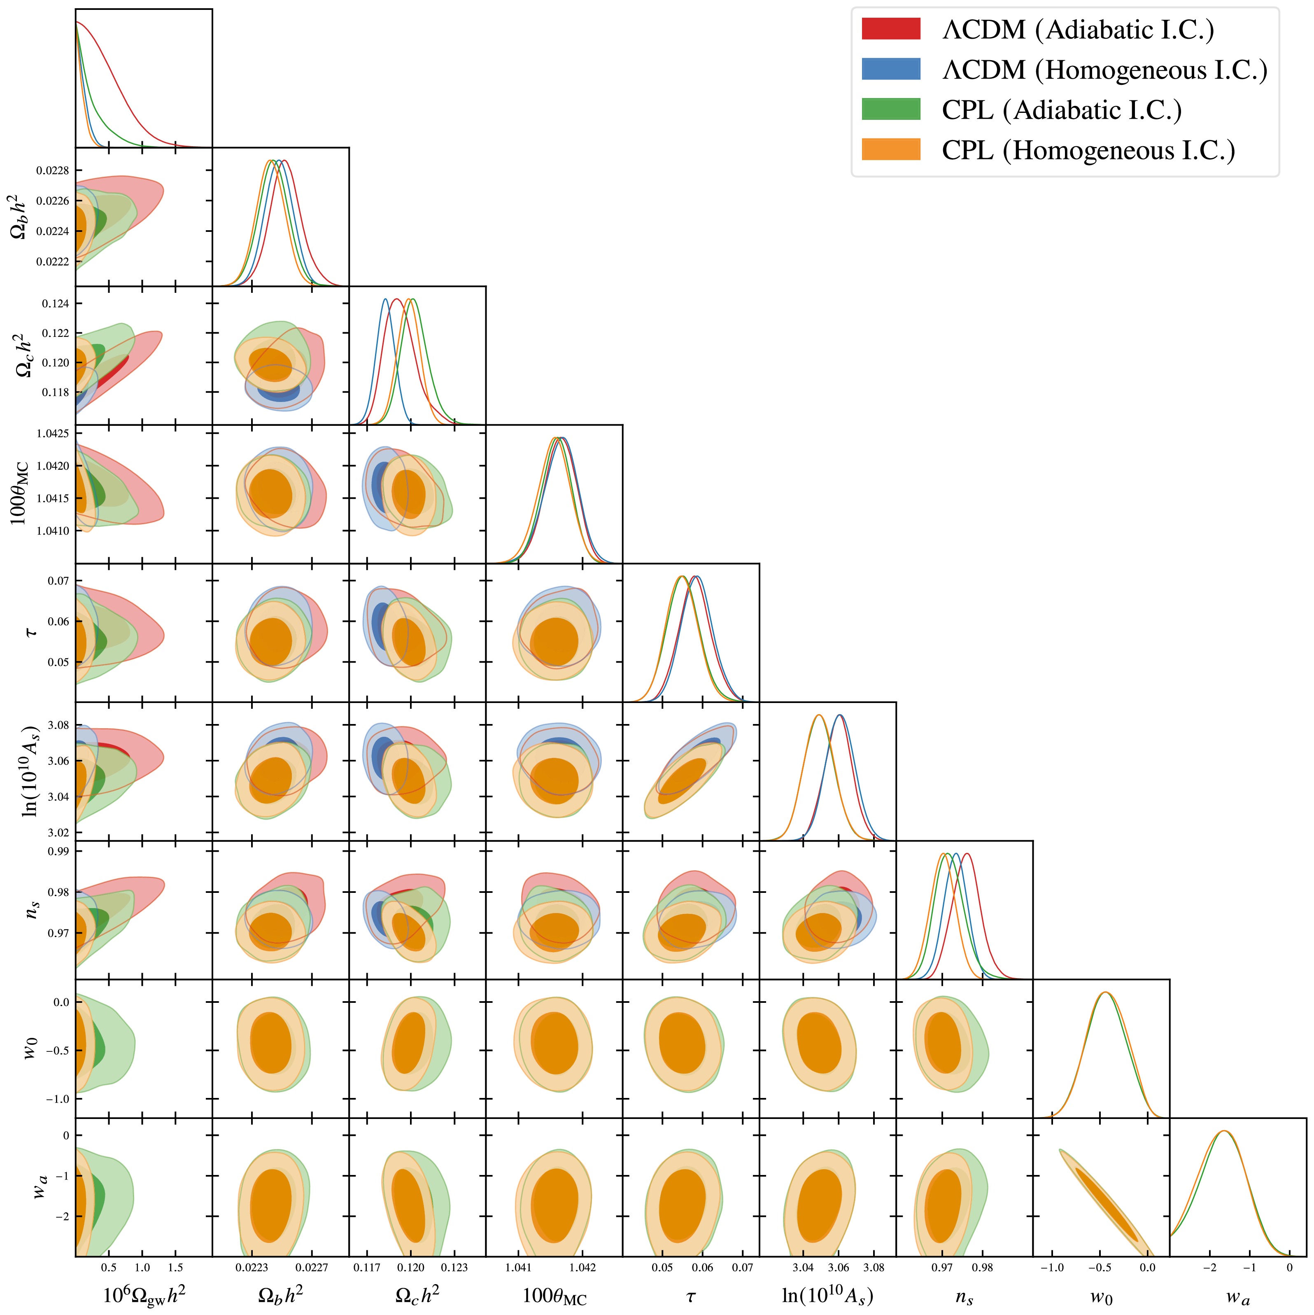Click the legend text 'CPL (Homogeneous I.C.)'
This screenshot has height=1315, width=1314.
[x=1088, y=150]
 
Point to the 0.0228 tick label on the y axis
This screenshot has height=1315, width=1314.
[x=52, y=171]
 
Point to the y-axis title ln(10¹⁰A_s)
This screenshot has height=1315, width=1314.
[x=30, y=771]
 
